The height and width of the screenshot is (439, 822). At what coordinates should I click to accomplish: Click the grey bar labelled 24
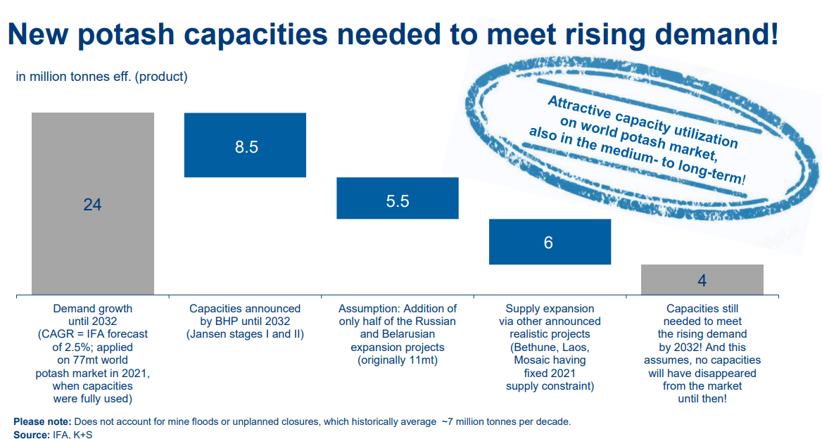point(92,203)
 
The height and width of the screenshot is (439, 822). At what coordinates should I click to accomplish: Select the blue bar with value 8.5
point(245,145)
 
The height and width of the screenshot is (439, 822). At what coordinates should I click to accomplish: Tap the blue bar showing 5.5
point(398,198)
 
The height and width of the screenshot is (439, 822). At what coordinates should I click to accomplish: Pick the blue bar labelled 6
point(550,241)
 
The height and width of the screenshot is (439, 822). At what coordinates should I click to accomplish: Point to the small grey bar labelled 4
point(702,279)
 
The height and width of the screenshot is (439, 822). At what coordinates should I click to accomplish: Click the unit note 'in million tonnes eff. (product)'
point(102,77)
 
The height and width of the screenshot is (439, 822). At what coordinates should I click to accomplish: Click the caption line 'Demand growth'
point(92,308)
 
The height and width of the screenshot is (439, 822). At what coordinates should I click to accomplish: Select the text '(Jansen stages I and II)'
point(245,334)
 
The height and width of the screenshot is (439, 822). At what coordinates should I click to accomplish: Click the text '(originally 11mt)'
point(398,360)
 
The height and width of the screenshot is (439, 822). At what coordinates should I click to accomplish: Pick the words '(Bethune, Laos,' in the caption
point(550,348)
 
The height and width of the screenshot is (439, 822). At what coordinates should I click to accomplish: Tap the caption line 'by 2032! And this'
point(702,348)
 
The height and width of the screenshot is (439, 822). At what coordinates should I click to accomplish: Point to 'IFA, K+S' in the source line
point(73,435)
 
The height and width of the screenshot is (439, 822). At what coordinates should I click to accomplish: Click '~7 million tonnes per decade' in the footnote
point(505,421)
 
